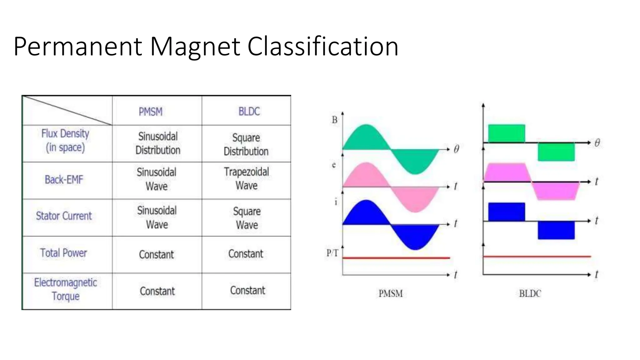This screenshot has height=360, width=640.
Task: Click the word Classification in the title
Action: [323, 47]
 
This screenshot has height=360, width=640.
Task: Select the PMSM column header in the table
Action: [151, 112]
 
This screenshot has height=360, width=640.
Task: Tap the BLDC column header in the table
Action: [249, 111]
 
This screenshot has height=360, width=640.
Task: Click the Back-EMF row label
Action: [64, 180]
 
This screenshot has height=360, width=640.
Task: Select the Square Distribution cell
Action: [246, 144]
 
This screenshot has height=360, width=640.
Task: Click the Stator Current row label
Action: [64, 216]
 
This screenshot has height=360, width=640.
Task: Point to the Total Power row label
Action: [63, 253]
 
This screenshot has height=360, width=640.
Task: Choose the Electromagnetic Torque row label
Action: [66, 289]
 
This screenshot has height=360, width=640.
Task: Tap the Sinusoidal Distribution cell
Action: [158, 143]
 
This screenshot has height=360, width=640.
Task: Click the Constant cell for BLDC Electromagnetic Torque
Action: [247, 290]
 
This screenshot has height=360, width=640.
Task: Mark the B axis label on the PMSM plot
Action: [334, 120]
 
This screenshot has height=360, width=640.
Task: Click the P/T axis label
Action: [332, 253]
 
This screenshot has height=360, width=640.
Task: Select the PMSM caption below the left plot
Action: [391, 293]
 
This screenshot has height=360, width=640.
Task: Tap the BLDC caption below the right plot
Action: [530, 293]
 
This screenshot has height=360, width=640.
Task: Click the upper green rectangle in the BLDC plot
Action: [507, 133]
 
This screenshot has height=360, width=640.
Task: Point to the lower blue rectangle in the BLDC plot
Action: [556, 230]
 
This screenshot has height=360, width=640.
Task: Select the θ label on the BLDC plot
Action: [597, 143]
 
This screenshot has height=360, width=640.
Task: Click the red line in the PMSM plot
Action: [396, 258]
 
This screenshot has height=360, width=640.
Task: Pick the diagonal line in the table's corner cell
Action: [67, 110]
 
